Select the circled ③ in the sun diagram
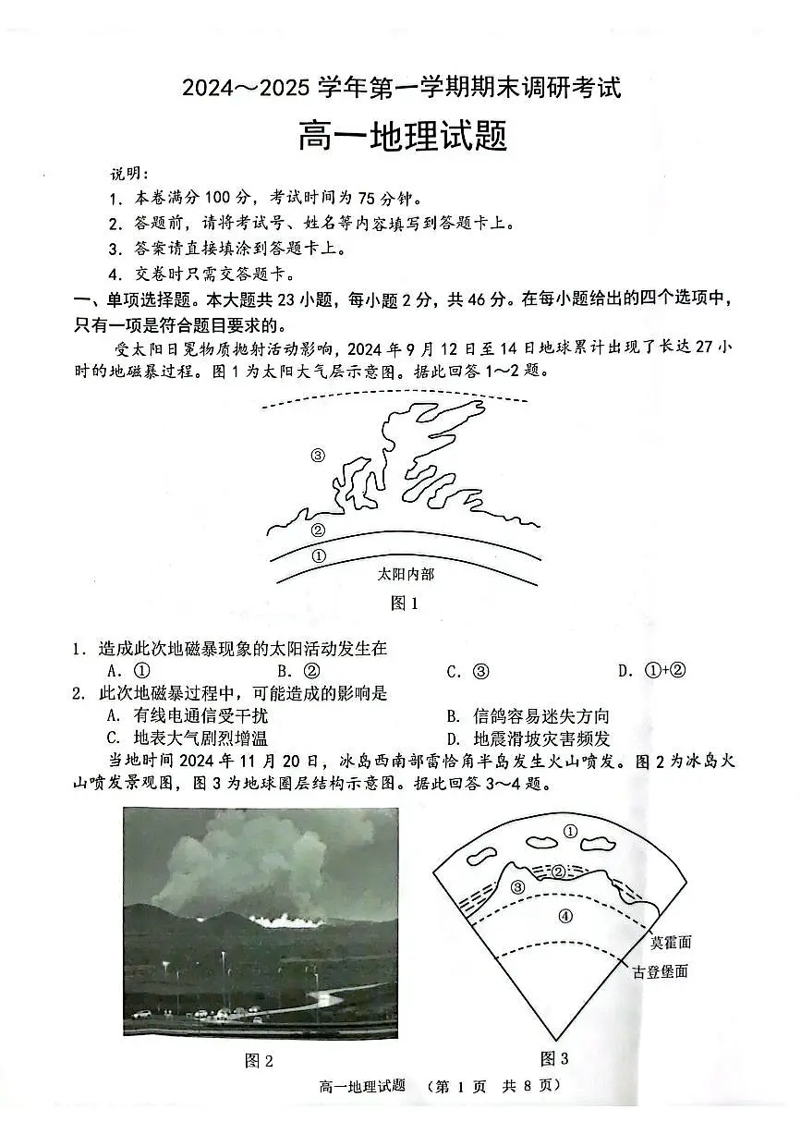(x=318, y=455)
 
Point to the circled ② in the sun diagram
(x=318, y=530)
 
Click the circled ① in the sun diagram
(x=320, y=556)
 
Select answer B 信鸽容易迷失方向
(x=528, y=716)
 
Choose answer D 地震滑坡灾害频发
(x=528, y=739)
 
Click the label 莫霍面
(x=671, y=943)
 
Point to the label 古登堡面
(x=660, y=971)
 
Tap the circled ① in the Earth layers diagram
(x=570, y=832)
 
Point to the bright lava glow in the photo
(x=287, y=920)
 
